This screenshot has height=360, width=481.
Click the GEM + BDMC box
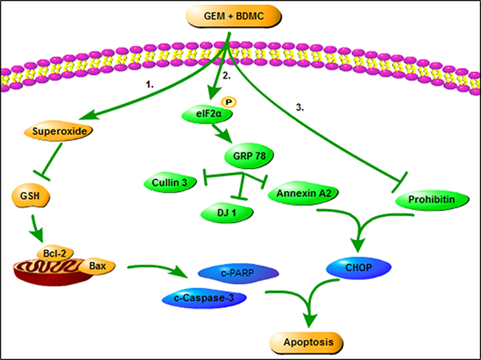(233, 16)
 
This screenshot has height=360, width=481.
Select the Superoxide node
(58, 131)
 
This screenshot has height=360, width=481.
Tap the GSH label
(30, 196)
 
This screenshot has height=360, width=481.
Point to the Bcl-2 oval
(55, 254)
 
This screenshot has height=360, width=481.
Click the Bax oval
(97, 266)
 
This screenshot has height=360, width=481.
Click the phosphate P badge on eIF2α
(229, 101)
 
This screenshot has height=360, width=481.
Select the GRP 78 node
(249, 156)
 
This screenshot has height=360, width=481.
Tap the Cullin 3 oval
(170, 183)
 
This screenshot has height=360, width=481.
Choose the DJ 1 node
(226, 213)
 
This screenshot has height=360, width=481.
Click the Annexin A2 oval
(303, 193)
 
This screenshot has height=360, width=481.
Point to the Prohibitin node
(432, 200)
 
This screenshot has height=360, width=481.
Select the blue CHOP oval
(358, 267)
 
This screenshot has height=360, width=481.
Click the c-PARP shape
(238, 273)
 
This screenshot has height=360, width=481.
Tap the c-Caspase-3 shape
(204, 298)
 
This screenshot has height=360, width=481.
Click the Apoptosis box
(306, 342)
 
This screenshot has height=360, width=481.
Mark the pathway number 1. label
(149, 84)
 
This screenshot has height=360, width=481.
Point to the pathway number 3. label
(300, 107)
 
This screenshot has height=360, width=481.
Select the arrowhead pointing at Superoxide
(87, 116)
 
